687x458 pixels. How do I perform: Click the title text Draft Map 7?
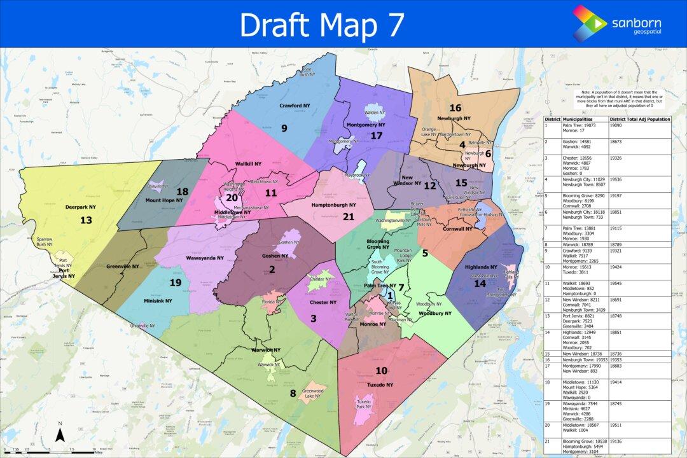(321, 24)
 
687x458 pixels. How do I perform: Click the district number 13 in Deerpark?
(86, 219)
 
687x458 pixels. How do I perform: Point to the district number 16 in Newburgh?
(455, 108)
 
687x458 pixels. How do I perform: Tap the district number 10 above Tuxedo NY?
(381, 371)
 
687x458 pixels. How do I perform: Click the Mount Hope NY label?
(163, 200)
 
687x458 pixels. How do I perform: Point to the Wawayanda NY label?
(204, 258)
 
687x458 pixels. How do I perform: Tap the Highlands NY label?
(481, 267)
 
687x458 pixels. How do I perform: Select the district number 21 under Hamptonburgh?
(348, 216)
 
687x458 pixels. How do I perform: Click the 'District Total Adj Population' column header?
(639, 119)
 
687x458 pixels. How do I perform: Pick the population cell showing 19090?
(618, 126)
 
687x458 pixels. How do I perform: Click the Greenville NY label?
(122, 267)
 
